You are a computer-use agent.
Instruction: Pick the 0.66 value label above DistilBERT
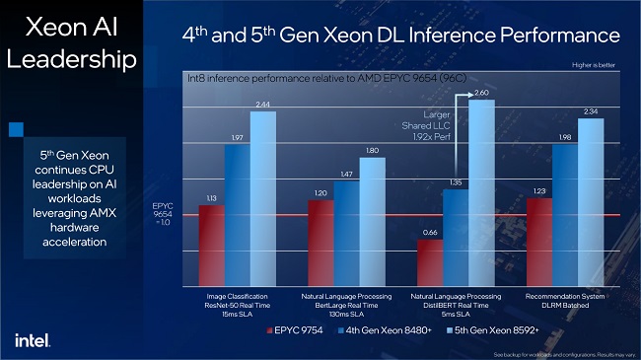coord(430,233)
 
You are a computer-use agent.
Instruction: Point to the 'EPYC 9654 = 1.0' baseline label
coord(164,215)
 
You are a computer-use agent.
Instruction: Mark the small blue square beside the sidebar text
coord(15,128)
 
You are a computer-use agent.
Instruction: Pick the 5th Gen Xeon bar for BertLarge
coord(372,222)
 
